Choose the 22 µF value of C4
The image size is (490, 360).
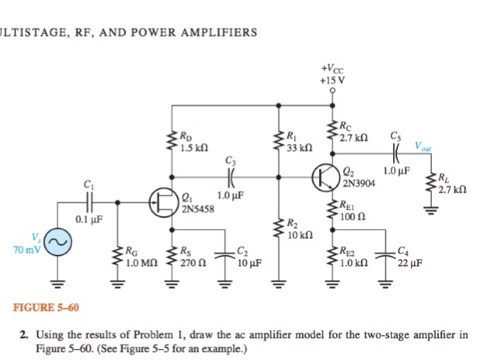click(407, 262)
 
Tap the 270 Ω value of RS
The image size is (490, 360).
click(191, 262)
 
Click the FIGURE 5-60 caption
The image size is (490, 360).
click(46, 308)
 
